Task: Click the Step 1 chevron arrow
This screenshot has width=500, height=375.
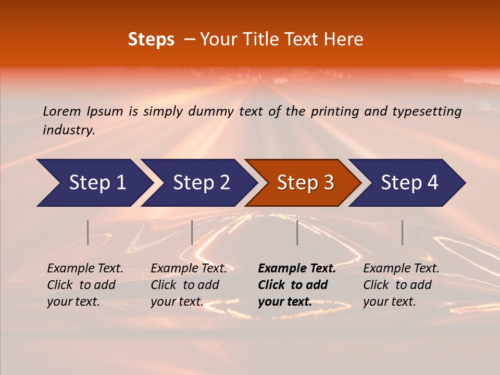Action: (94, 183)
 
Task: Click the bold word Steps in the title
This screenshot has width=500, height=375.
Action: (151, 39)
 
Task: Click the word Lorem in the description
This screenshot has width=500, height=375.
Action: (62, 111)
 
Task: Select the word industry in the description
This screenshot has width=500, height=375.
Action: (68, 130)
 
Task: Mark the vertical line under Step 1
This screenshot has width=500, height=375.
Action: (88, 232)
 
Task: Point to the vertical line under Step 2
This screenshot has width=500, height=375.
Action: (192, 232)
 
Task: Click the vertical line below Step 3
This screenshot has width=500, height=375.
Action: (297, 232)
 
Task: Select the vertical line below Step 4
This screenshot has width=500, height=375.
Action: (402, 232)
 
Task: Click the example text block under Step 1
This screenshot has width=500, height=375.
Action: (85, 285)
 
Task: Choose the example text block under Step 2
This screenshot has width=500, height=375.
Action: (189, 285)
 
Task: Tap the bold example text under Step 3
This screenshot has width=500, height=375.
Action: (296, 285)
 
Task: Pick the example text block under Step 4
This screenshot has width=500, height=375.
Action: (401, 285)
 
